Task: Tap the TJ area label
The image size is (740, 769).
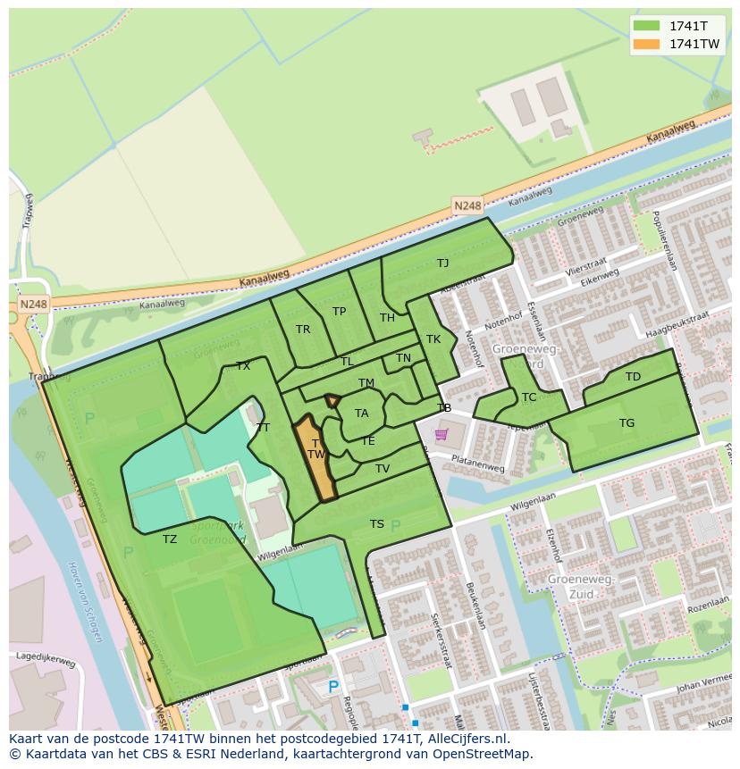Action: point(442,263)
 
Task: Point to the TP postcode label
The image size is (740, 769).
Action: point(339,312)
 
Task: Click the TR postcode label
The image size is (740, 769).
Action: point(303,330)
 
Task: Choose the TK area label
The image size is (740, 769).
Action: point(433,339)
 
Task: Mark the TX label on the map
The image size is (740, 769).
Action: point(243,366)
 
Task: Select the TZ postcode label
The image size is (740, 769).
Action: point(170,539)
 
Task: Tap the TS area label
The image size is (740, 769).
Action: point(377,524)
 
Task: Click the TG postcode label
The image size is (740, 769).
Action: point(626,423)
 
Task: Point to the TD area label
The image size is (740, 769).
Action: point(633,377)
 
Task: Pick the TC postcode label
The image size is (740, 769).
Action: point(529,397)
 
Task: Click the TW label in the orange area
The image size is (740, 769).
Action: point(315,455)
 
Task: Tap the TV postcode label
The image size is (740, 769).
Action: point(383,469)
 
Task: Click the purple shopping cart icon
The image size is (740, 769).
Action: point(441,435)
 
